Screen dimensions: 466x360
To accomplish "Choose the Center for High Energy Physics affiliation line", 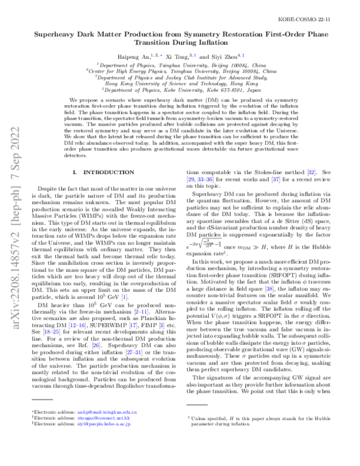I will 179,70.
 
